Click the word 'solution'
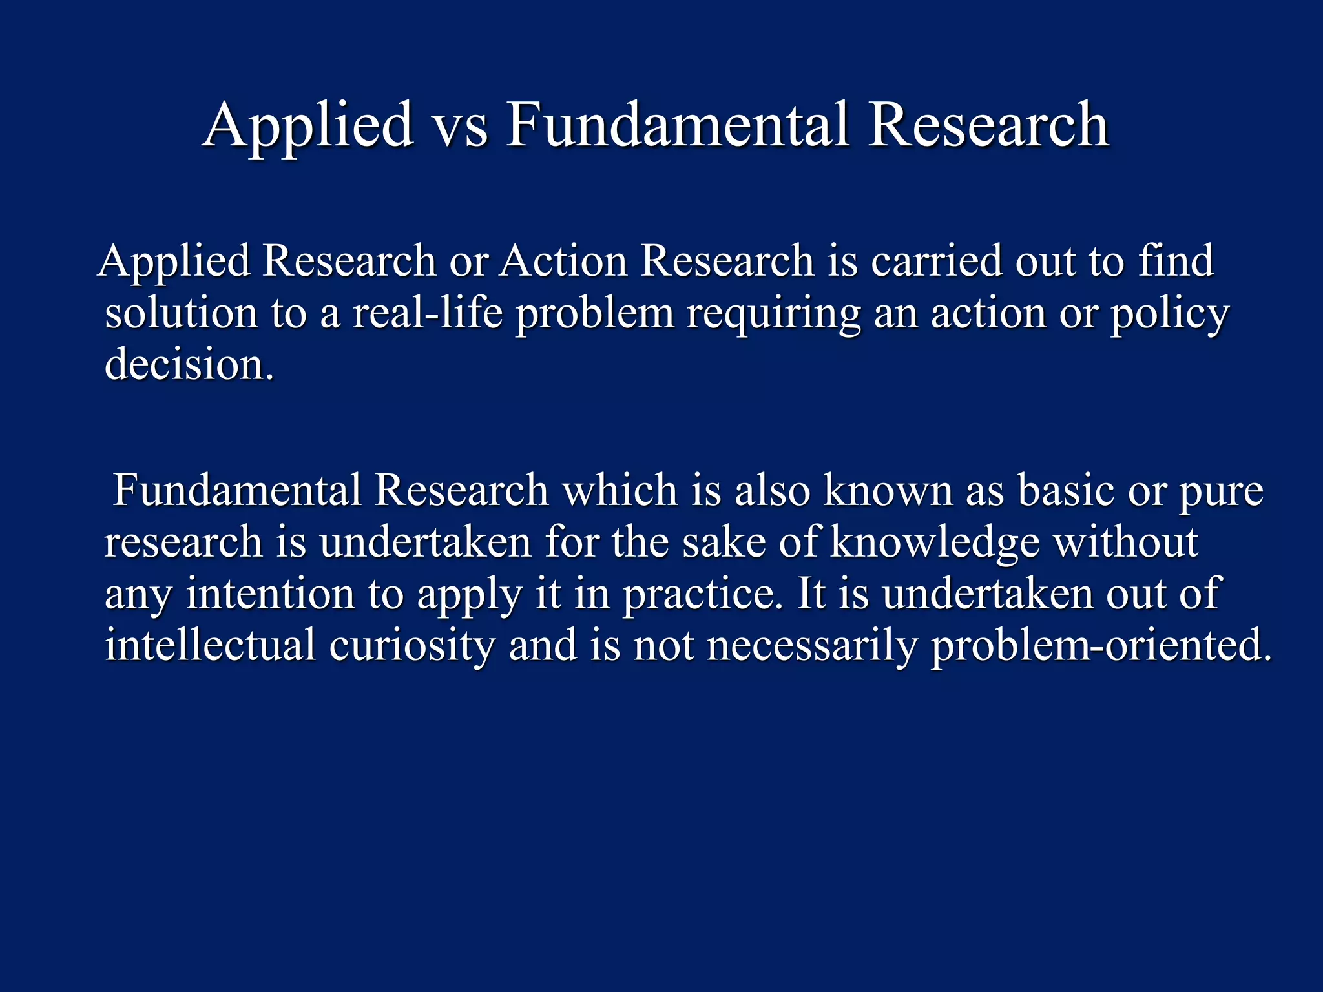point(181,314)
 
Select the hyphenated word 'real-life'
point(427,314)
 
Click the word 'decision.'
point(189,365)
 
